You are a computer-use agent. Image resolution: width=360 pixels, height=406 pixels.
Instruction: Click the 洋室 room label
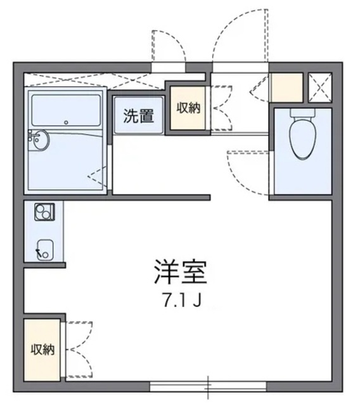click(x=180, y=272)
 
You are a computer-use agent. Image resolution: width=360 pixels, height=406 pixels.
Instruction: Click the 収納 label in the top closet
click(x=188, y=108)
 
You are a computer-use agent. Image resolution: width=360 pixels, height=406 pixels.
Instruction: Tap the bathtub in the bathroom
click(x=67, y=108)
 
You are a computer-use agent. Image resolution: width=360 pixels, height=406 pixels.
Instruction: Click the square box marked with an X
click(x=319, y=88)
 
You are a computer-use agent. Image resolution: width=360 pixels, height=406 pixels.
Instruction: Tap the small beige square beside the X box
click(x=287, y=88)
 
